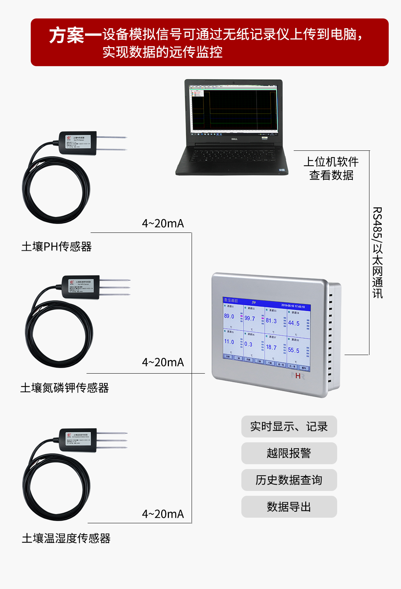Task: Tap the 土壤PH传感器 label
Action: click(56, 247)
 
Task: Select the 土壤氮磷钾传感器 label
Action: click(65, 388)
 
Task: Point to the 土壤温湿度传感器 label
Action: click(66, 538)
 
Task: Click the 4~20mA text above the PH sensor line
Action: click(163, 224)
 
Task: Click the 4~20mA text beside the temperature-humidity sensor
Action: click(163, 514)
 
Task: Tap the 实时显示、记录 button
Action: click(289, 426)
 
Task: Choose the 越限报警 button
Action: click(289, 453)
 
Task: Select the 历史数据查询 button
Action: click(289, 480)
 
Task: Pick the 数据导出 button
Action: click(289, 507)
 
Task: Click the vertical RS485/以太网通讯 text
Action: click(377, 253)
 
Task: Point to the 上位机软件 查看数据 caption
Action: click(331, 168)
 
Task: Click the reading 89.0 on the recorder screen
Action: click(229, 316)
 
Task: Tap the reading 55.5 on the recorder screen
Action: click(293, 350)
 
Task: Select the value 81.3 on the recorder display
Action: click(271, 320)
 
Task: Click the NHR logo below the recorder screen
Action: click(298, 376)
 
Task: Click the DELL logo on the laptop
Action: click(234, 139)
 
